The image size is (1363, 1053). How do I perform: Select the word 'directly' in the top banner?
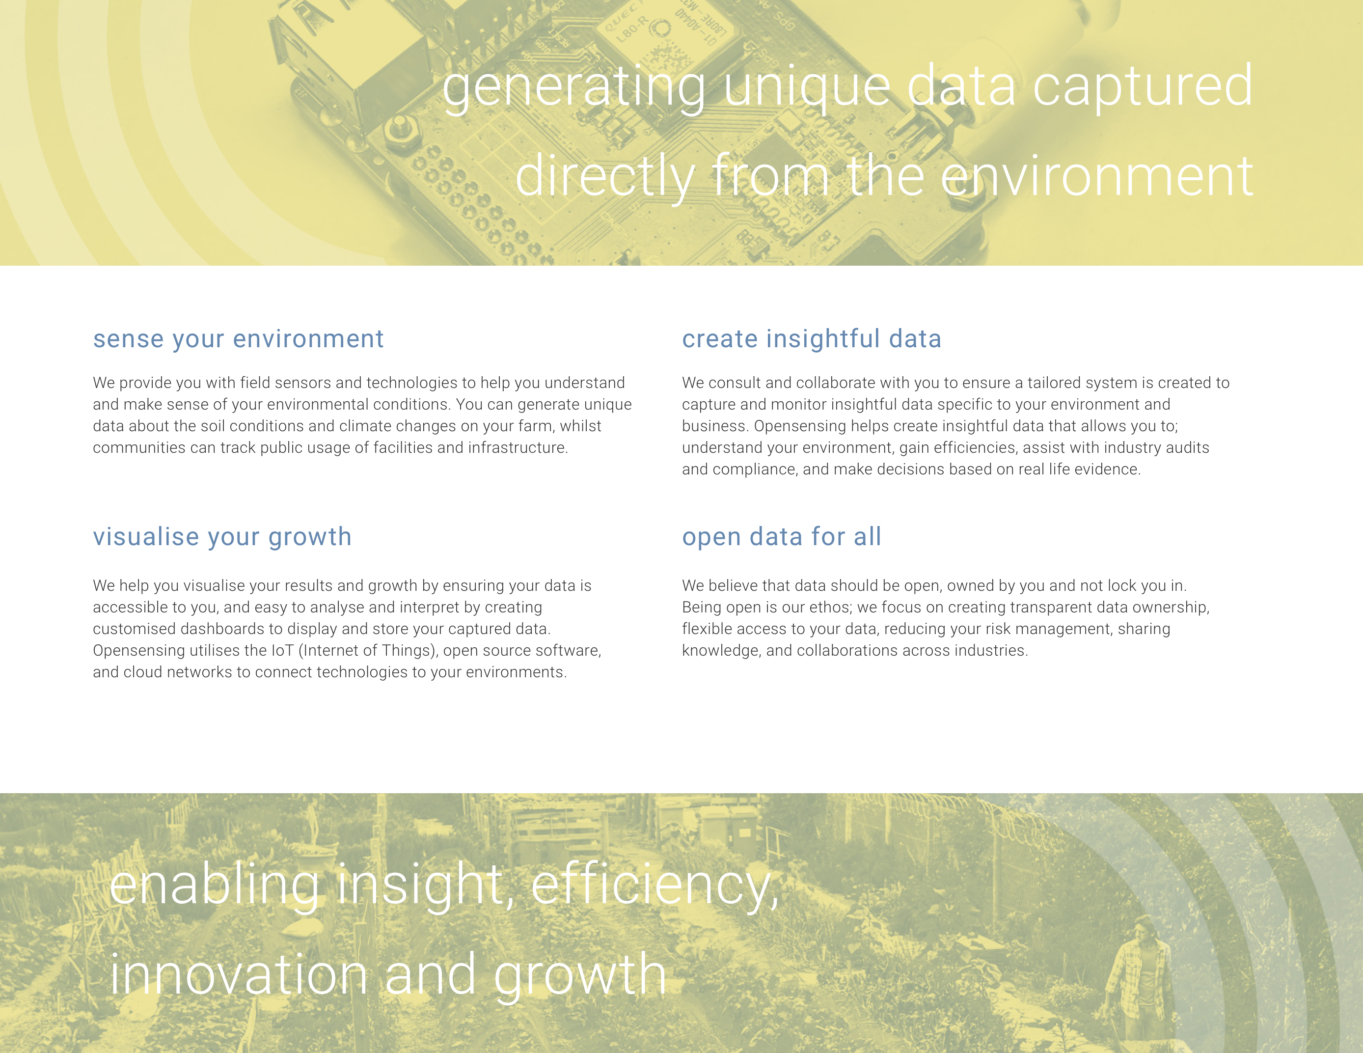(x=605, y=177)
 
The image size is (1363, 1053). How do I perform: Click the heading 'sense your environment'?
(x=239, y=339)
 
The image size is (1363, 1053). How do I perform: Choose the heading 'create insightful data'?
(x=811, y=339)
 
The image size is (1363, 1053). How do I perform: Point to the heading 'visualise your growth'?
(x=222, y=537)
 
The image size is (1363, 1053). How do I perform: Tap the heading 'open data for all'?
(x=781, y=537)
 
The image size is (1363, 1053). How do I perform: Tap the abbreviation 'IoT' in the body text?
(x=282, y=650)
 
